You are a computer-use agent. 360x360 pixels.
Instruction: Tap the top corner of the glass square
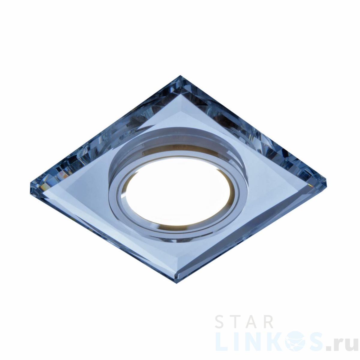click(x=180, y=76)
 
